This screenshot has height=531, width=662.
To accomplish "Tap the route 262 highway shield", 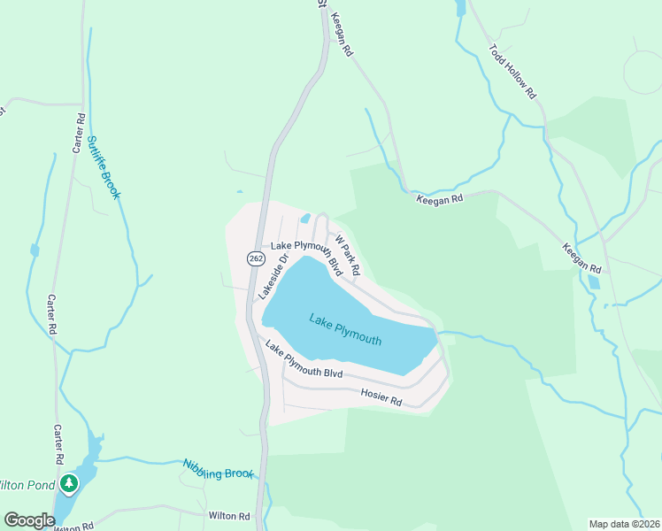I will pyautogui.click(x=256, y=258).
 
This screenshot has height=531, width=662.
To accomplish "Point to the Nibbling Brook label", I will pyautogui.click(x=218, y=469).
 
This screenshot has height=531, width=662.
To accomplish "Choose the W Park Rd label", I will pyautogui.click(x=346, y=253).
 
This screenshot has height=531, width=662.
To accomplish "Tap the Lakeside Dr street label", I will pyautogui.click(x=273, y=275).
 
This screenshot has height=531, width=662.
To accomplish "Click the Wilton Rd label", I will pyautogui.click(x=229, y=515).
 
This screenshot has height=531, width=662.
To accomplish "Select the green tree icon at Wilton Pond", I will pyautogui.click(x=69, y=484).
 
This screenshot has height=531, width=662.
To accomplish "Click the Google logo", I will pyautogui.click(x=28, y=520).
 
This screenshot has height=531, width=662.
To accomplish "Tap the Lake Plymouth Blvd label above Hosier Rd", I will pyautogui.click(x=304, y=360).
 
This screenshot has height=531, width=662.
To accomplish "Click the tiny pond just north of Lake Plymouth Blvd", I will pyautogui.click(x=305, y=219).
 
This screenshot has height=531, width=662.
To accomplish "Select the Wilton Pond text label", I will pyautogui.click(x=27, y=485).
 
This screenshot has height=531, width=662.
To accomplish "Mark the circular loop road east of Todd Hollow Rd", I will pyautogui.click(x=643, y=72).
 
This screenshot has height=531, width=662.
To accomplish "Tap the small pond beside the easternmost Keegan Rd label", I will pyautogui.click(x=592, y=282).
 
